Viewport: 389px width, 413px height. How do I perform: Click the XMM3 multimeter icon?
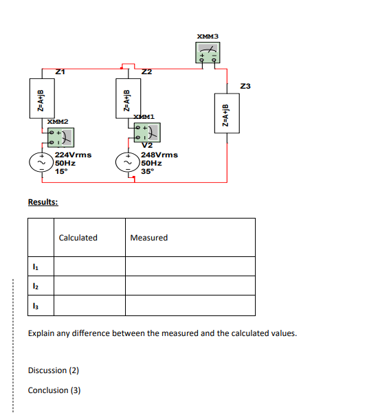[207, 52]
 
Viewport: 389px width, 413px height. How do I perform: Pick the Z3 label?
[246, 86]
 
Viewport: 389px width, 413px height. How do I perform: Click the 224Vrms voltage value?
[72, 155]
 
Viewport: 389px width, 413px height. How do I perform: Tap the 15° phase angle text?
[60, 171]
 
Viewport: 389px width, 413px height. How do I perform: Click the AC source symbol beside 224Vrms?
[38, 163]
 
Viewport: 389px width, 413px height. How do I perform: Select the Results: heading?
[43, 202]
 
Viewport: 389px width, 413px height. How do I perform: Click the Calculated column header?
[78, 238]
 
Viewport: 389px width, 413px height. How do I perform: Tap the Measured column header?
[148, 238]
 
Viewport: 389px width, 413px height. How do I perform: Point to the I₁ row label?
[35, 266]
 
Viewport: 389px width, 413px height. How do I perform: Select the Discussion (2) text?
[54, 370]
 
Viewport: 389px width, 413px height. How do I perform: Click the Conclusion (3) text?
[54, 390]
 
